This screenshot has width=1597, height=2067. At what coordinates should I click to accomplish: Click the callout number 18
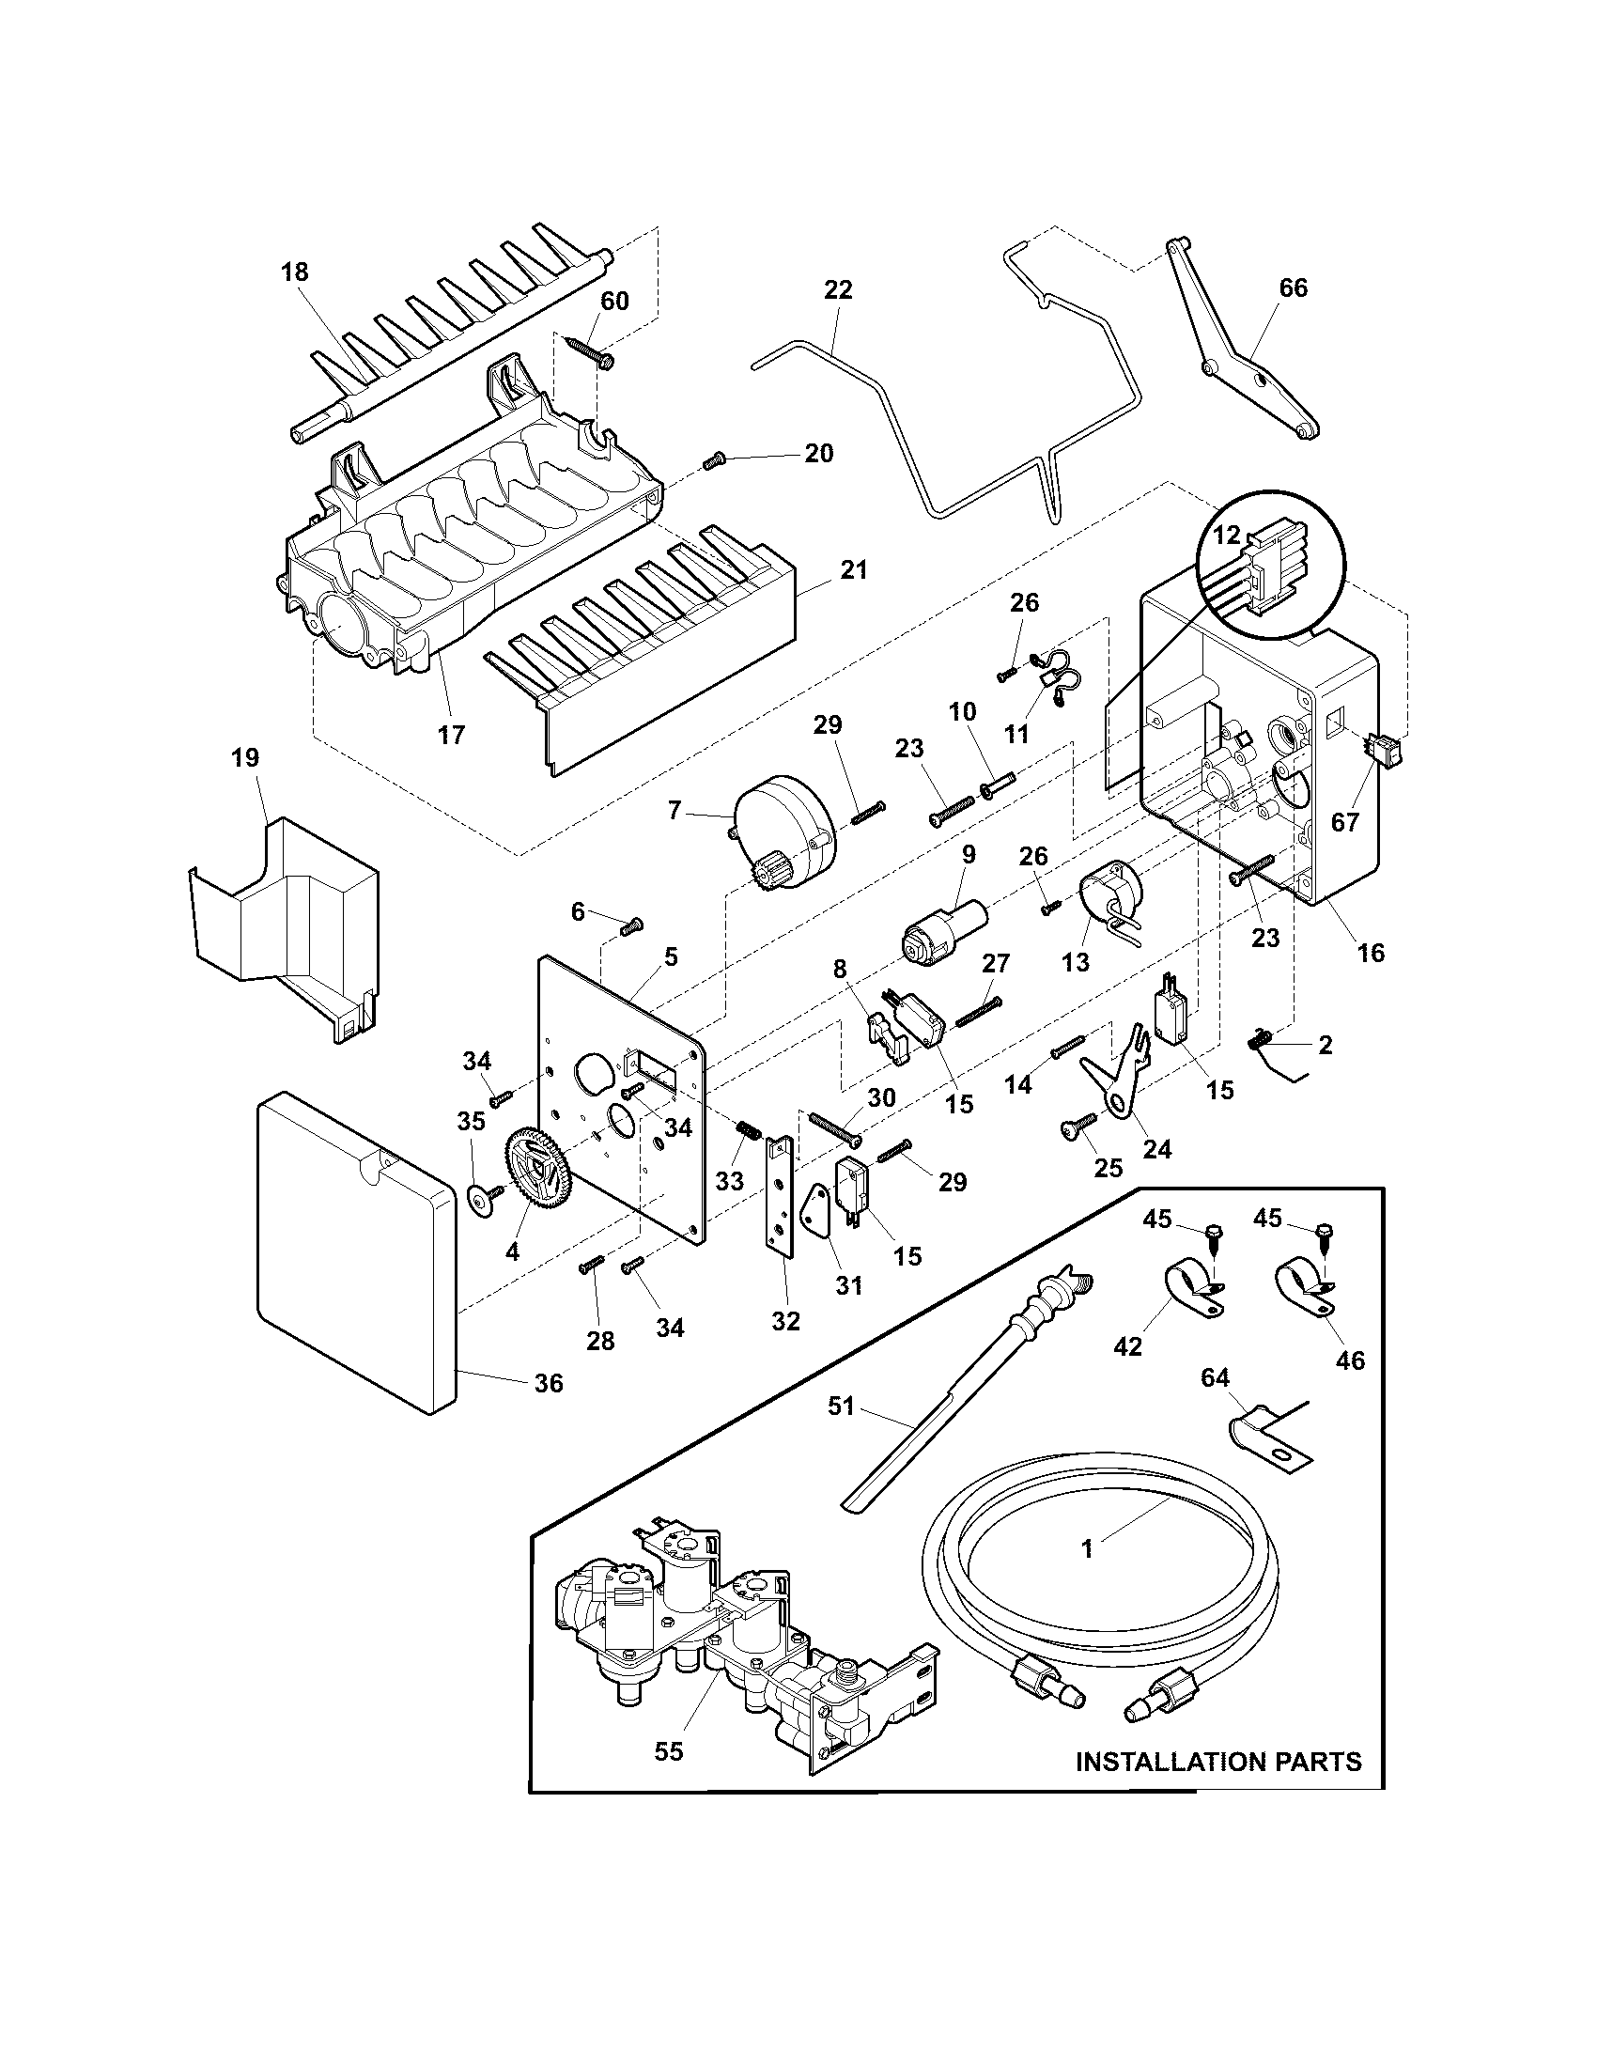[294, 272]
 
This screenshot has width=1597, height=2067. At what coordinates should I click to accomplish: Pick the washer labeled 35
[482, 1200]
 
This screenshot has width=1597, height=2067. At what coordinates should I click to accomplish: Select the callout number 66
[1293, 288]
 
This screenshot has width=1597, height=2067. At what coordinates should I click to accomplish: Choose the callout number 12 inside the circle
[1226, 535]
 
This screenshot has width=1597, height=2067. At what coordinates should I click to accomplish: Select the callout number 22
[838, 288]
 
